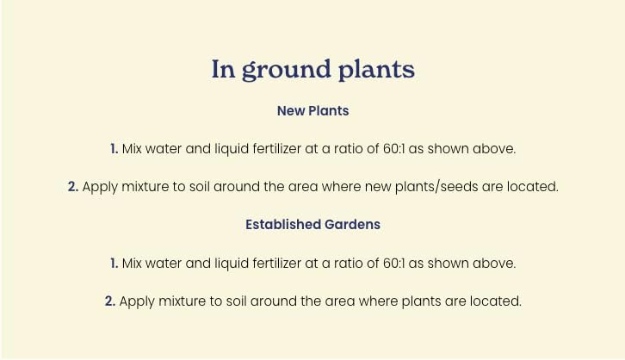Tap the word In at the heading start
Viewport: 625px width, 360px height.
(x=223, y=70)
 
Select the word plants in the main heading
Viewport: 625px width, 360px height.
(x=376, y=71)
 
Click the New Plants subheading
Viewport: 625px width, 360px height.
(x=312, y=111)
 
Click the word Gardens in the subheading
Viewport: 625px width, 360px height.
(x=352, y=225)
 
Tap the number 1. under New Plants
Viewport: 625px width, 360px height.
(x=114, y=149)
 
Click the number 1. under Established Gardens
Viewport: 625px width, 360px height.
(x=114, y=263)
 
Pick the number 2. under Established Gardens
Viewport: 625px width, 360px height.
(x=109, y=301)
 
